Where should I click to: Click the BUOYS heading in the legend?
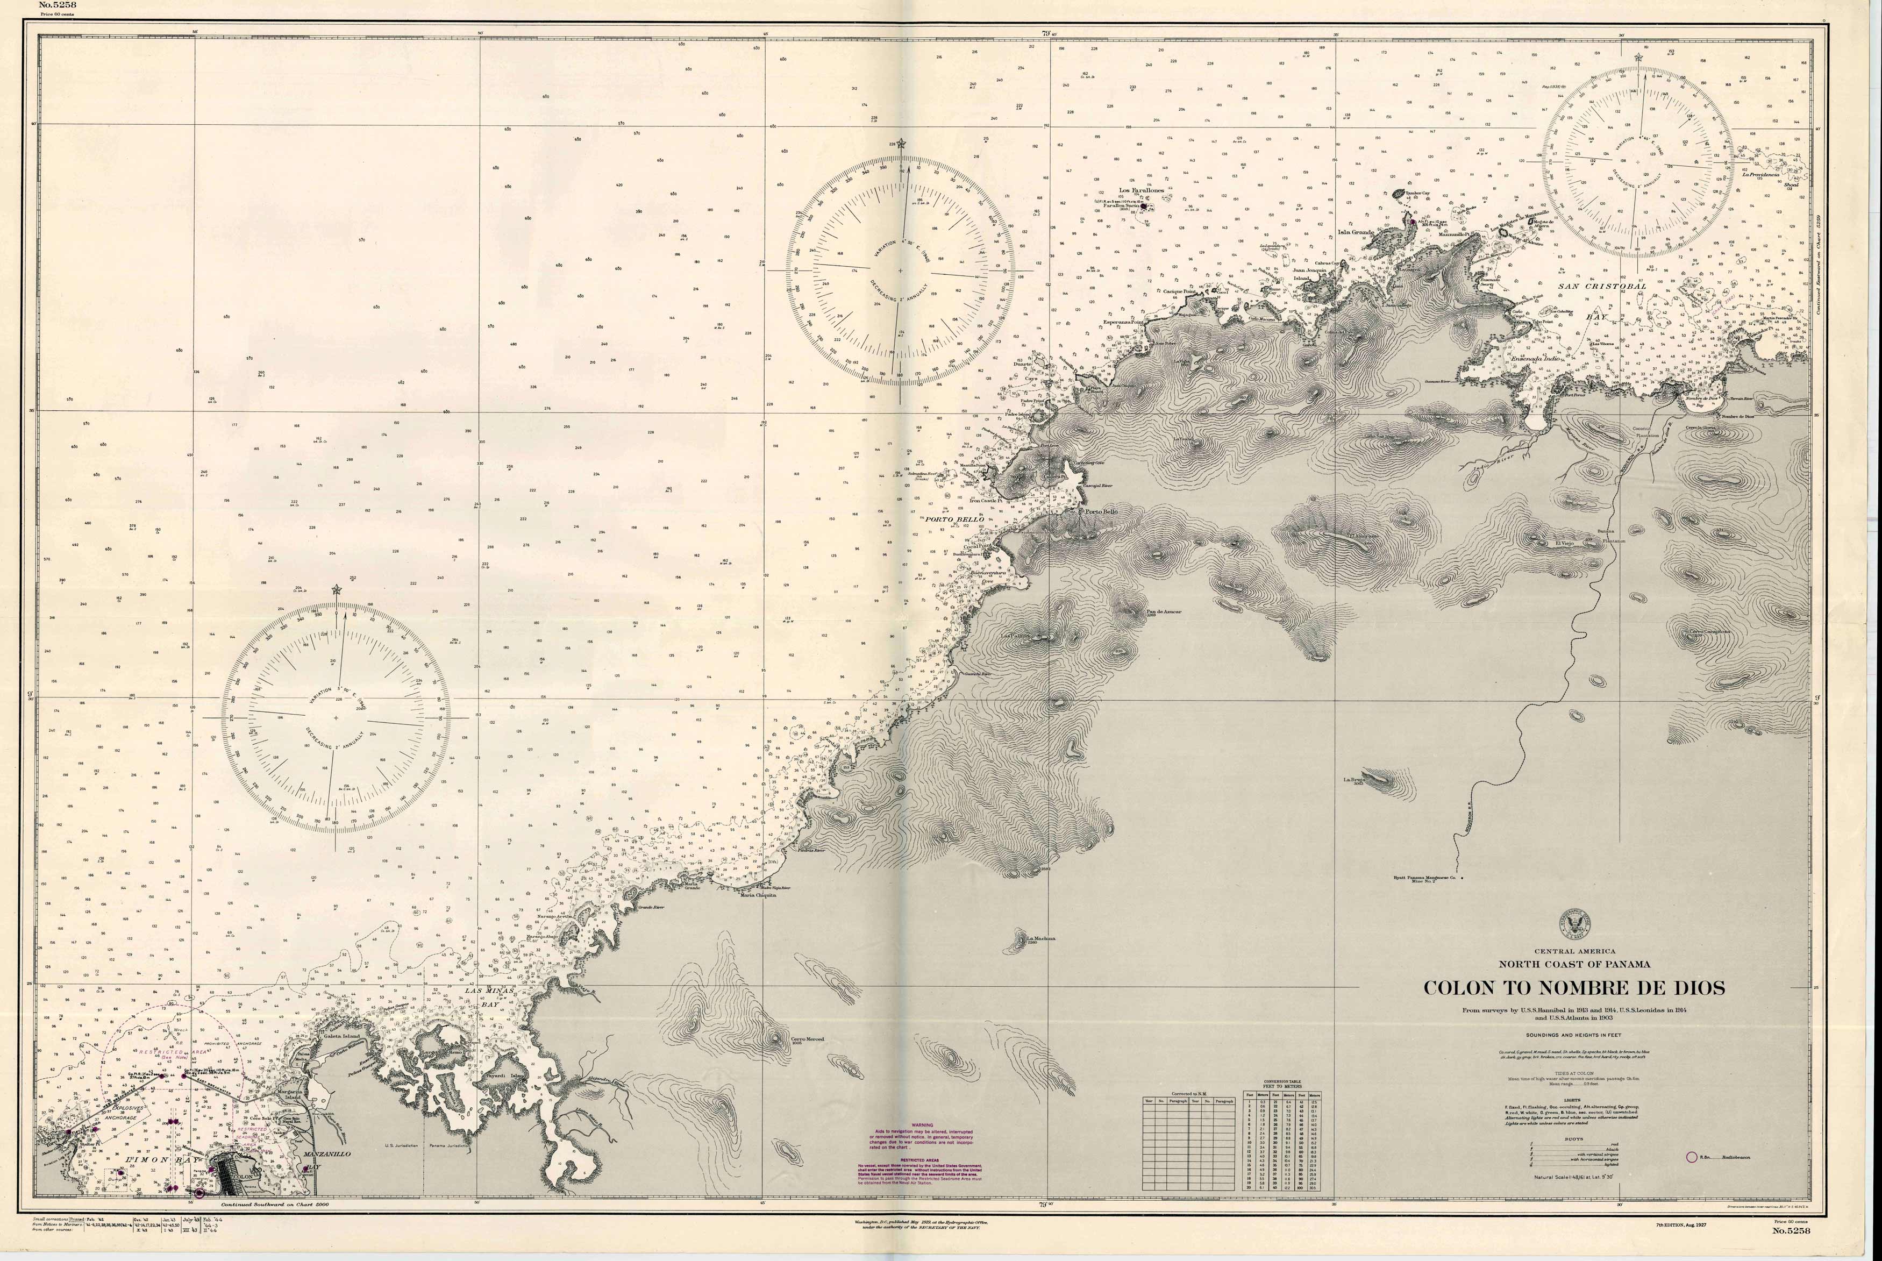click(x=1574, y=1139)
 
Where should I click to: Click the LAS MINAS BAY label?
click(x=485, y=997)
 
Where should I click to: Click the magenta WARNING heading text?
click(x=921, y=1125)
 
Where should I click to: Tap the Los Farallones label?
click(x=1141, y=190)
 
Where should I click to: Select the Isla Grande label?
click(x=1355, y=232)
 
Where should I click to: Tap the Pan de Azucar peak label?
click(x=1163, y=611)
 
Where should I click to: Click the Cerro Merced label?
click(x=807, y=1039)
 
